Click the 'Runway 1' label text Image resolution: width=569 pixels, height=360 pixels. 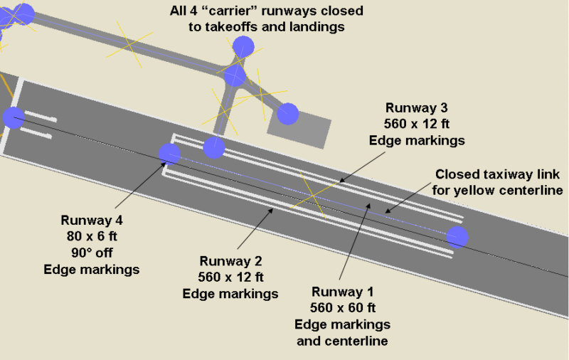(343, 292)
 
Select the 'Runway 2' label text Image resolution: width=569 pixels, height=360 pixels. (230, 260)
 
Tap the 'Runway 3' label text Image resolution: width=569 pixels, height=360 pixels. (417, 108)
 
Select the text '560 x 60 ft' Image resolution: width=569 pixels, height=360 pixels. (343, 308)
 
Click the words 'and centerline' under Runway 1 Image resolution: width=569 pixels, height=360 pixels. (343, 341)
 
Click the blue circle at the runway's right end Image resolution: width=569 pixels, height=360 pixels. (457, 237)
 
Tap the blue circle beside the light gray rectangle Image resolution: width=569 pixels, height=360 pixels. (287, 113)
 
